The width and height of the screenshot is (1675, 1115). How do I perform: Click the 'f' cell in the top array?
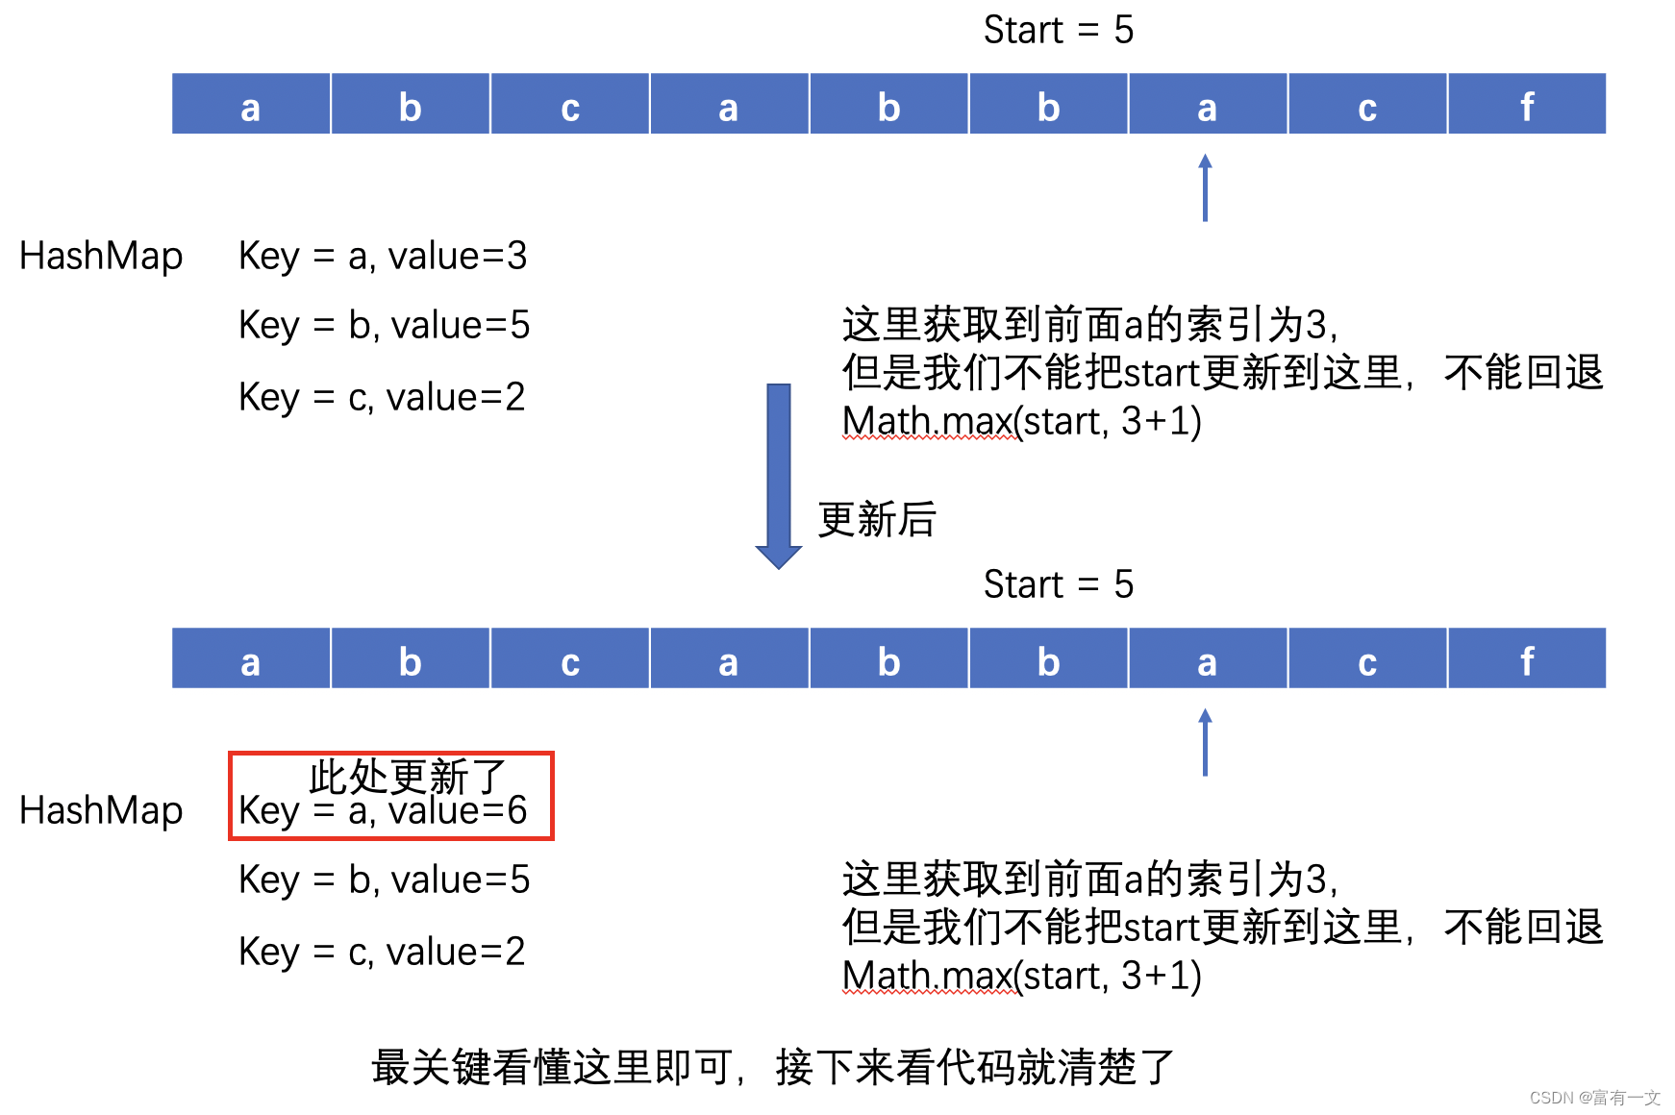[x=1526, y=105]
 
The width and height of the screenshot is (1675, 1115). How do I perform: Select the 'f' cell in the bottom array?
[x=1526, y=659]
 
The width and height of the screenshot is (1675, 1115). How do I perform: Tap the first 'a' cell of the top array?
[x=251, y=105]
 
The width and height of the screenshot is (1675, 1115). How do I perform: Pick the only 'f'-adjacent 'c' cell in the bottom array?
[x=1366, y=659]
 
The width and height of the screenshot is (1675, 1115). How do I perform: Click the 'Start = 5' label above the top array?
[x=1058, y=30]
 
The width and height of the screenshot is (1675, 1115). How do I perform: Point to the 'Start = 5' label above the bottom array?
[x=1058, y=584]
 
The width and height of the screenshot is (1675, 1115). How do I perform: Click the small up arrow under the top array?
[x=1205, y=187]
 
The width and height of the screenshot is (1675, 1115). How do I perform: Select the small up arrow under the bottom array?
[x=1205, y=742]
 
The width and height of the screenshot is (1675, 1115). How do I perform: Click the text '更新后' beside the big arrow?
[x=877, y=520]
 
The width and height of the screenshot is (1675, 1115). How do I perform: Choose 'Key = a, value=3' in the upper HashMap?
[x=383, y=257]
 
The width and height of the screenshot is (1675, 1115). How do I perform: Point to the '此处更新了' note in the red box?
[x=407, y=775]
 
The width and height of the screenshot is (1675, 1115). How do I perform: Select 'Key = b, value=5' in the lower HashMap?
[x=384, y=880]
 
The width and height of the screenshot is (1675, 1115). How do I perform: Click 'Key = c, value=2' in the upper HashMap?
[x=382, y=397]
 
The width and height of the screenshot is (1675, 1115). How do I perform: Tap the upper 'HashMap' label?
[x=101, y=257]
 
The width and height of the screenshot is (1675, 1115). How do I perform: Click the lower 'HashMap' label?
[x=101, y=811]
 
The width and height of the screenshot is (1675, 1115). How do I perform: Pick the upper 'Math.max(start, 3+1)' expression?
[x=1021, y=421]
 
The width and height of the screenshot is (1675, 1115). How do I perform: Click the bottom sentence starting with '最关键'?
[x=772, y=1067]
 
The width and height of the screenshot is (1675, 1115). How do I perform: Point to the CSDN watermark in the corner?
[x=1594, y=1098]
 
